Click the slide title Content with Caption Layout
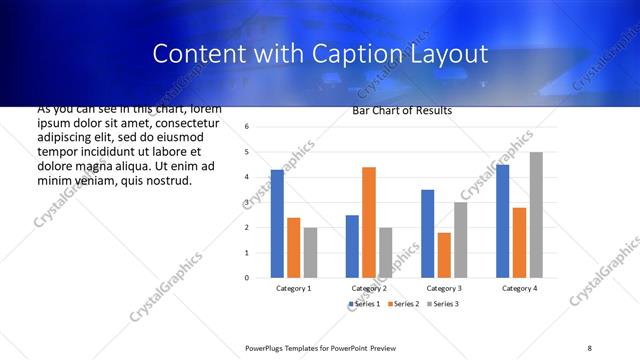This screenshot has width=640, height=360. pyautogui.click(x=320, y=54)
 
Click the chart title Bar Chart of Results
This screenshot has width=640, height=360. pyautogui.click(x=402, y=110)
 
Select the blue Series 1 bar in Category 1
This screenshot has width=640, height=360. pyautogui.click(x=277, y=223)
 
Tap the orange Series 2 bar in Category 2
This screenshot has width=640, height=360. pyautogui.click(x=368, y=222)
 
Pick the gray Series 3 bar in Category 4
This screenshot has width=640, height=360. pyautogui.click(x=536, y=215)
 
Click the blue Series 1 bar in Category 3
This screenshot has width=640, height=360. pyautogui.click(x=427, y=233)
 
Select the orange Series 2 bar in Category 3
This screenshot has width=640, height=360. pyautogui.click(x=444, y=255)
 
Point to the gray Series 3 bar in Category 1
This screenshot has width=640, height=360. pyautogui.click(x=310, y=252)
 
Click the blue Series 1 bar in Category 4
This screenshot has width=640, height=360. pyautogui.click(x=502, y=221)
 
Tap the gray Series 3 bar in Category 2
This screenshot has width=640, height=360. pyautogui.click(x=385, y=252)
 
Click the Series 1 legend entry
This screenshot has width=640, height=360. pyautogui.click(x=364, y=303)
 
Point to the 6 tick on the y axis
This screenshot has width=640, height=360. pyautogui.click(x=247, y=127)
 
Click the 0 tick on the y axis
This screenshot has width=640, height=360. pyautogui.click(x=247, y=277)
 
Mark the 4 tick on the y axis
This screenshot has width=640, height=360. pyautogui.click(x=247, y=177)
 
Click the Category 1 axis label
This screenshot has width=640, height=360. pyautogui.click(x=293, y=288)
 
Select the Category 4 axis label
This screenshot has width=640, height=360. pyautogui.click(x=519, y=288)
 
